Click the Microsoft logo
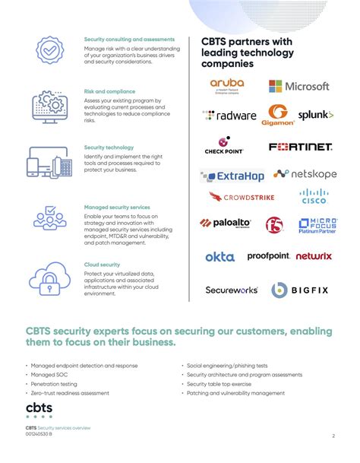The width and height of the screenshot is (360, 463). tap(298, 87)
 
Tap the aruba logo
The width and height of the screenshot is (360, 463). tap(227, 86)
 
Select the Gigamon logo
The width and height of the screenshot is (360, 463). tap(277, 116)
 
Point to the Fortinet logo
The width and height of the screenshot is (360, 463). tap(301, 147)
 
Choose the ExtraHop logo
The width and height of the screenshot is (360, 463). tap(232, 176)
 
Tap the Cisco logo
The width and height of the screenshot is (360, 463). tap(313, 198)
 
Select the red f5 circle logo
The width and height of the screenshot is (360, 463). tap(274, 224)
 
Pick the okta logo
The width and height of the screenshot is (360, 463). tap(219, 257)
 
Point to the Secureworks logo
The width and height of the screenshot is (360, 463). tap(232, 290)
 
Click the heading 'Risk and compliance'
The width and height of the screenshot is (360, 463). tap(109, 92)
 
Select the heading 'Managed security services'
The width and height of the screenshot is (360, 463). tap(117, 207)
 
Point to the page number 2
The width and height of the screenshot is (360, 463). tap(333, 436)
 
